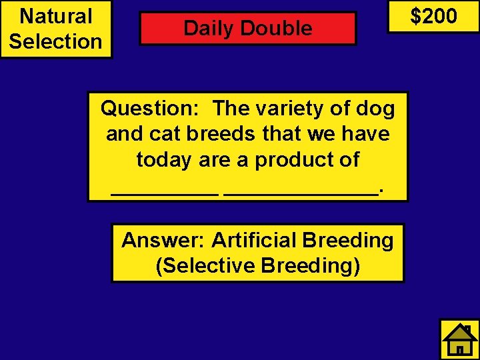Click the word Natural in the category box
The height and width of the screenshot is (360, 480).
tap(56, 16)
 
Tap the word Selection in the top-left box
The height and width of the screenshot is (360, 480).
tap(56, 41)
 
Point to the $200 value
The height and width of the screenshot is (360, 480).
tap(433, 16)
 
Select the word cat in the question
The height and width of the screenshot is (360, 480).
tap(165, 134)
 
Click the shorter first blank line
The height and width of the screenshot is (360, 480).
tap(164, 193)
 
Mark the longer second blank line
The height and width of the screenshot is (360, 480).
tap(301, 193)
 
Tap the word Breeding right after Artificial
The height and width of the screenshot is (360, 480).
tap(348, 240)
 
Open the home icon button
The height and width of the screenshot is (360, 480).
tap(459, 339)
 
